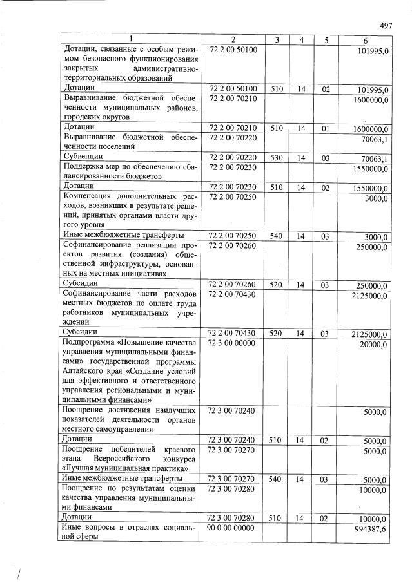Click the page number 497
click(x=386, y=26)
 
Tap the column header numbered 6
click(x=366, y=41)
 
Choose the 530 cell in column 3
click(x=277, y=157)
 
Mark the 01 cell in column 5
click(x=326, y=129)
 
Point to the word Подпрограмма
click(x=92, y=343)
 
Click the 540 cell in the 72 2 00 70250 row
click(x=277, y=236)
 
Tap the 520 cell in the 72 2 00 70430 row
click(x=277, y=334)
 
